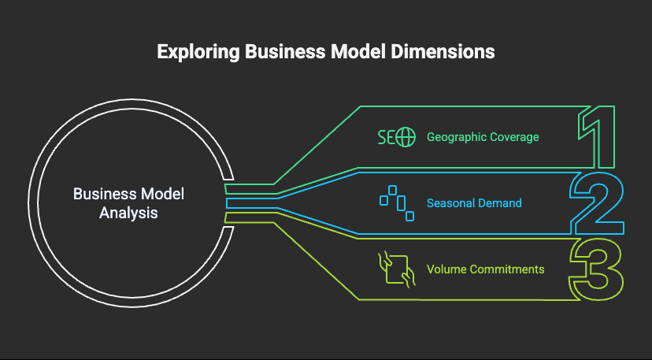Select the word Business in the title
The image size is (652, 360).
pos(278,52)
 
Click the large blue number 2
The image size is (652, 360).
pos(598,202)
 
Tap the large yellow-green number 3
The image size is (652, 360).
pos(598,269)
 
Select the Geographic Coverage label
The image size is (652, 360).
pos(483,137)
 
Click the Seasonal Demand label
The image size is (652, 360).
pos(474,203)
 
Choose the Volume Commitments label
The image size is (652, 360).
pos(485,269)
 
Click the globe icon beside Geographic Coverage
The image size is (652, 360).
pos(406,137)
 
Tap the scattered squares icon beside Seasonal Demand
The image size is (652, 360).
pos(397,202)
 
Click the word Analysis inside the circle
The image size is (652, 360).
pos(128,213)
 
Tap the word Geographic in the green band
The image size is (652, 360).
pos(457,137)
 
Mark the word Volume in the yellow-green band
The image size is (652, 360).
pos(444,269)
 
